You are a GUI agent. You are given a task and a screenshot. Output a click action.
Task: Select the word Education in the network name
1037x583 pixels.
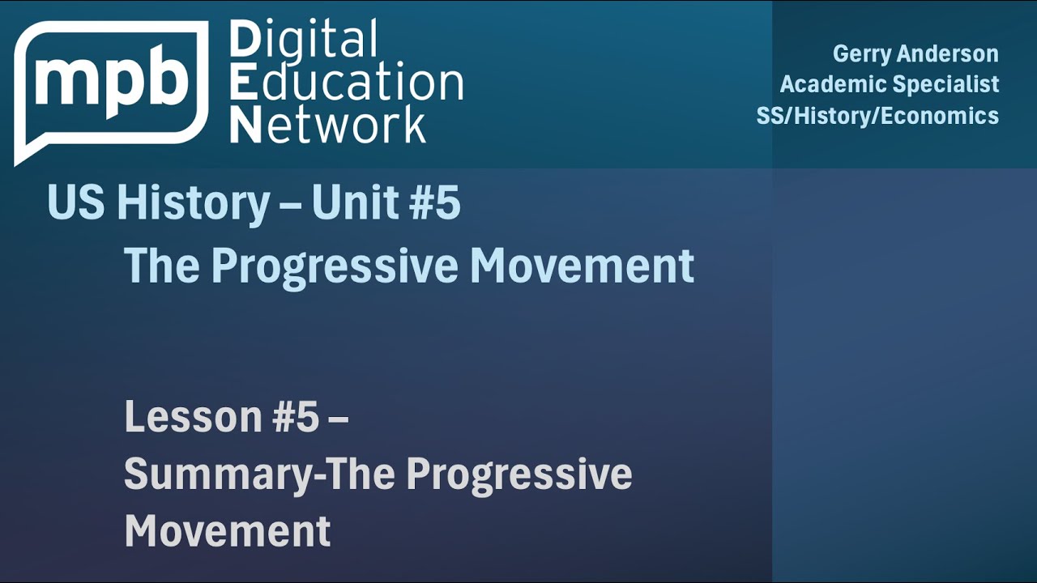click(346, 83)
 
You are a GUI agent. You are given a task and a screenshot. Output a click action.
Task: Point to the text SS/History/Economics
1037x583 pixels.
click(877, 116)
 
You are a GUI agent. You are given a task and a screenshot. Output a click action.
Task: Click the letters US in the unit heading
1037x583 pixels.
click(76, 202)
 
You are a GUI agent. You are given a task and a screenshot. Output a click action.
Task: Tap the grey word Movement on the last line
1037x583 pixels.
click(228, 530)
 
